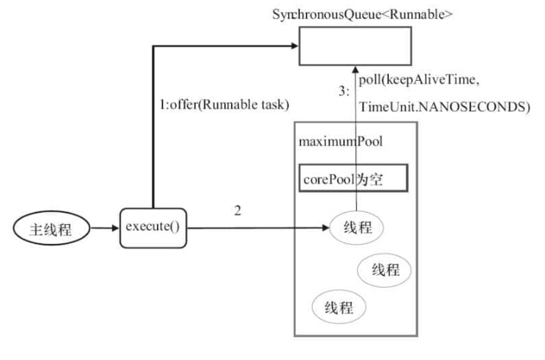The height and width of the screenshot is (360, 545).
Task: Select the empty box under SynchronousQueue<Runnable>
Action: [355, 46]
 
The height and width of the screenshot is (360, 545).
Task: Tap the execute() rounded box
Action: [153, 227]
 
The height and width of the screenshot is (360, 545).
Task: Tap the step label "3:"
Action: [345, 92]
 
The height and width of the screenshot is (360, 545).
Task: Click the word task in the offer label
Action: [274, 105]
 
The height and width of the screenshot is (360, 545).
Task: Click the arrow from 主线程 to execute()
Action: [103, 229]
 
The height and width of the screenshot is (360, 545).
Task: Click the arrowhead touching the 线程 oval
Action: [325, 229]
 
